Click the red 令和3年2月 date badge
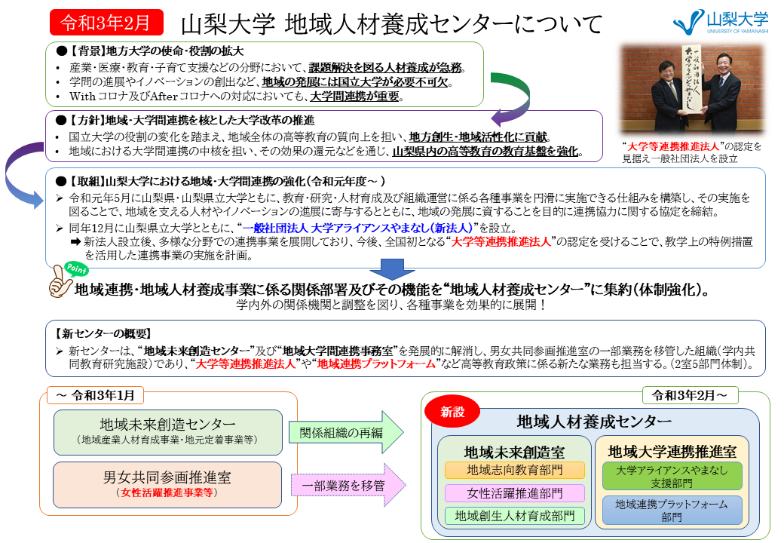click(x=106, y=23)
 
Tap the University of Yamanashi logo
click(x=721, y=22)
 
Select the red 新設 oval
click(x=452, y=412)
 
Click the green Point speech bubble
click(x=76, y=269)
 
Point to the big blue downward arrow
click(x=393, y=269)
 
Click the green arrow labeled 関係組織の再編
click(x=346, y=432)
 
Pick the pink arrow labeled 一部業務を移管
click(x=348, y=485)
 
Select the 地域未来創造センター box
click(x=168, y=432)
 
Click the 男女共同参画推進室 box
click(x=167, y=484)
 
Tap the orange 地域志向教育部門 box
click(x=514, y=470)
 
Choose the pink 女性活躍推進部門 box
click(x=514, y=493)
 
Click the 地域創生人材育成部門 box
click(x=514, y=516)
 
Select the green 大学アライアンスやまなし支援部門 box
click(x=672, y=476)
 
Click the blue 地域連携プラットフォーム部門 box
click(x=672, y=510)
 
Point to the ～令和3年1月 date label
click(x=96, y=395)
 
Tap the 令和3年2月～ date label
click(x=690, y=395)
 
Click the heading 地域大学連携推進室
click(x=672, y=452)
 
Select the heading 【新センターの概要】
click(x=103, y=333)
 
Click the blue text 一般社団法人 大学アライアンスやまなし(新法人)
click(x=357, y=228)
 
